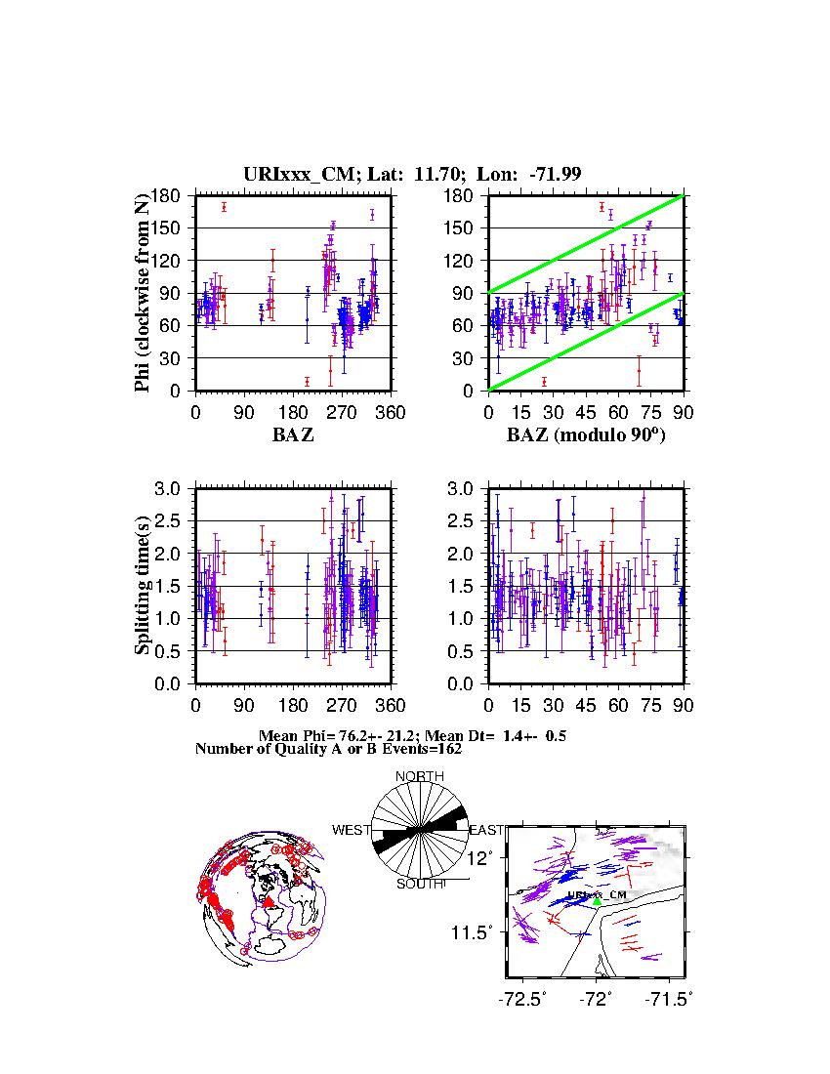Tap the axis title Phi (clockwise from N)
coord(144,293)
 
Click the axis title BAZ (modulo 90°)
coord(586,435)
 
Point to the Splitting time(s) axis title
coord(144,586)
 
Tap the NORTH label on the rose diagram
coord(419,776)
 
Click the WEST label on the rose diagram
coord(352,830)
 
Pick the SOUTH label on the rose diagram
coord(419,884)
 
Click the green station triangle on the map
coord(597,902)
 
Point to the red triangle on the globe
coord(268,903)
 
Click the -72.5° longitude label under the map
coord(522,999)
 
